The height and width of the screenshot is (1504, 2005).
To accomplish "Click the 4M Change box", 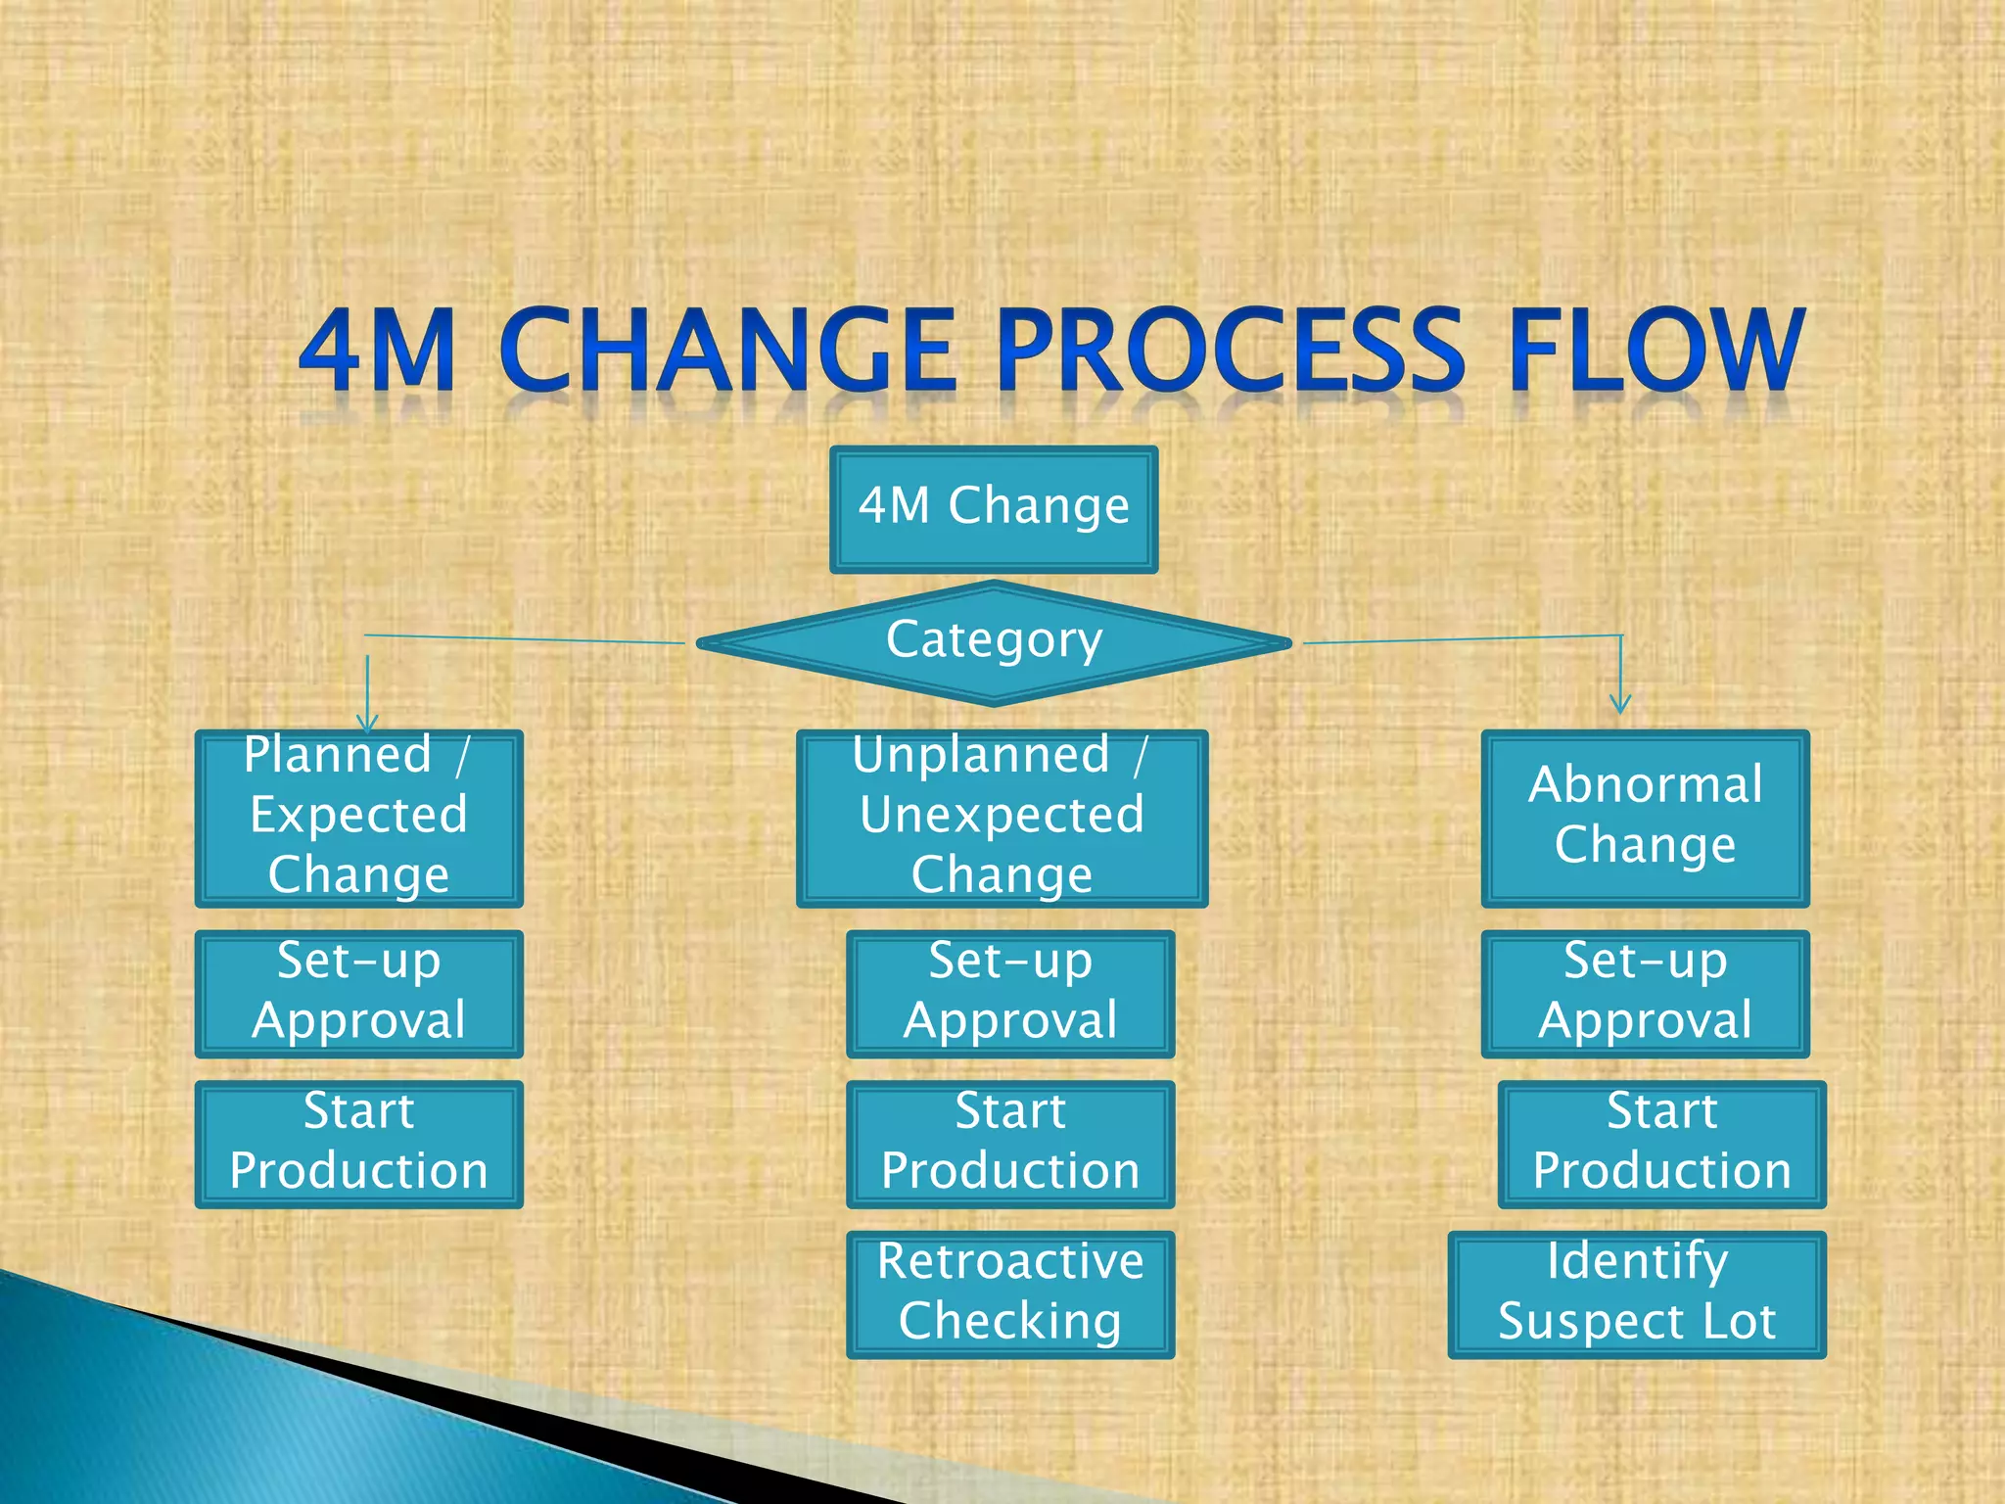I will click(x=994, y=509).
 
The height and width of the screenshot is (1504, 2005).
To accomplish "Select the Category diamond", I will click(x=994, y=642).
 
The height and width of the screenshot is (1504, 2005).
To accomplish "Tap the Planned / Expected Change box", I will click(x=358, y=818).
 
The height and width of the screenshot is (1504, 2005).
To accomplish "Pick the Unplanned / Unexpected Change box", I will click(x=1002, y=818).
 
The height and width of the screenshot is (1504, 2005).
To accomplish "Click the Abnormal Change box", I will click(x=1645, y=818).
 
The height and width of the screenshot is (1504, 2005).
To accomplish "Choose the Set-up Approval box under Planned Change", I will click(x=358, y=993).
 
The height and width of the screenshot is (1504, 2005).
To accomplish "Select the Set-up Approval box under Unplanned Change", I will click(x=1010, y=993).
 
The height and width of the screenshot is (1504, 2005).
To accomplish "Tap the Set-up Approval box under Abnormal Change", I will click(x=1645, y=993).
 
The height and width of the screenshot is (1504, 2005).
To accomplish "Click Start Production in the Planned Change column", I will click(x=358, y=1144).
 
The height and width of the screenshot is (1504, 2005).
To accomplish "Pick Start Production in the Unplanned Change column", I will click(x=1010, y=1144).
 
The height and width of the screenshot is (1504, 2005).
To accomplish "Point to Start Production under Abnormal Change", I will click(x=1661, y=1144).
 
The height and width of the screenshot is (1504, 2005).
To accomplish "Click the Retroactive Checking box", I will click(x=1010, y=1293).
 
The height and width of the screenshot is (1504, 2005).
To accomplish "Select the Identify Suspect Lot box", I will click(x=1637, y=1293).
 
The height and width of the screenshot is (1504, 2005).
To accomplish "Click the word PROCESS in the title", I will click(x=1230, y=350).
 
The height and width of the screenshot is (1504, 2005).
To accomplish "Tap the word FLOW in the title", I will click(x=1655, y=350).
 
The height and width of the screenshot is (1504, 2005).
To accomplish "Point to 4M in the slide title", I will click(x=378, y=350).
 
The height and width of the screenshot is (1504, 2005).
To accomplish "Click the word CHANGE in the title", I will click(x=728, y=350).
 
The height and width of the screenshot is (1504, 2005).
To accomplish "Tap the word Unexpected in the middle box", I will click(x=1002, y=815).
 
